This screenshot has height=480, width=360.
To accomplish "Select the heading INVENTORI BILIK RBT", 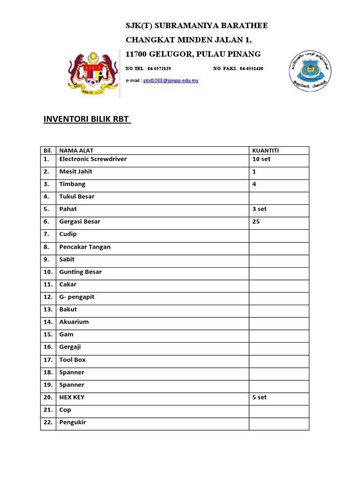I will [x=87, y=119].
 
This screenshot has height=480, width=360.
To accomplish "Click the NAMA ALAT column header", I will [x=76, y=150].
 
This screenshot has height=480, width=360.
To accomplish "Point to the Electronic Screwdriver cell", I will [x=93, y=159].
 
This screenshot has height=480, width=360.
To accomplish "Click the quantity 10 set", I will [x=261, y=159].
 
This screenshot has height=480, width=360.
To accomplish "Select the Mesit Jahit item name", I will [x=75, y=172].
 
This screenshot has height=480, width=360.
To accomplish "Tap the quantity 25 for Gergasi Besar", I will [x=256, y=221].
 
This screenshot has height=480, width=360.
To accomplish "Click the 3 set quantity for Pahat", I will [x=259, y=209].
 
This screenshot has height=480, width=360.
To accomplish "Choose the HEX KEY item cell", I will [x=72, y=397].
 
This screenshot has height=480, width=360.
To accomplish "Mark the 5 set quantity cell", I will [x=259, y=397].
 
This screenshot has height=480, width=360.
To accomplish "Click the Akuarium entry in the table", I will [x=74, y=322].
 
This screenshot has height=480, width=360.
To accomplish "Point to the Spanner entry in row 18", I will [x=72, y=372].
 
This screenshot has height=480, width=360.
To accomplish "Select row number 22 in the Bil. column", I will [x=48, y=422].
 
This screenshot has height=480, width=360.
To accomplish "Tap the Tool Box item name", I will [x=73, y=360].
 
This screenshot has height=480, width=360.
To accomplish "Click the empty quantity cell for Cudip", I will [x=278, y=234].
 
